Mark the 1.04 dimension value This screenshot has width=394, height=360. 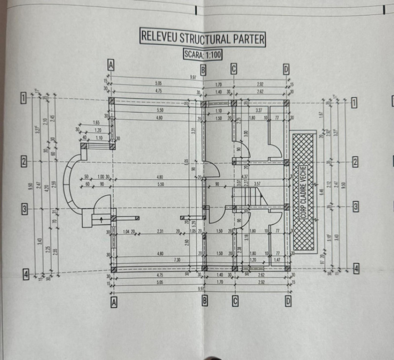(126, 231)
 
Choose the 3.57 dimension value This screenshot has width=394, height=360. (258, 184)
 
